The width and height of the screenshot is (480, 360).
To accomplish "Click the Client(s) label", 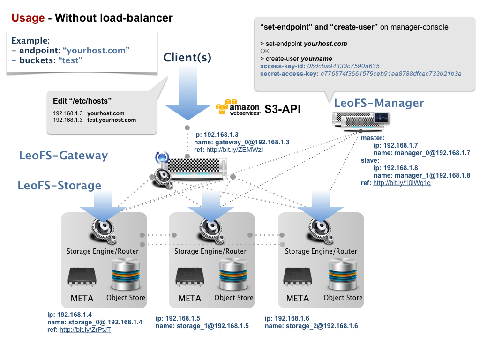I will [187, 58].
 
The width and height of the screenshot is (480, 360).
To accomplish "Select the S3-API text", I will [282, 109].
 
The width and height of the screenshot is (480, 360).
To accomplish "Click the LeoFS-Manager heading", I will [379, 103].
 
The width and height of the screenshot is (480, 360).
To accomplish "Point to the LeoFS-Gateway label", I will [63, 156].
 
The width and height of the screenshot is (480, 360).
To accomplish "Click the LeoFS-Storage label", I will [60, 185].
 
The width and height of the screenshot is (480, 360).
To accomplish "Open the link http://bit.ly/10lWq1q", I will [402, 183].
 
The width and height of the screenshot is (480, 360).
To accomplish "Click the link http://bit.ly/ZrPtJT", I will [85, 330].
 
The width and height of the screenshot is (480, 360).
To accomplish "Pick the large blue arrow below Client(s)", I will [188, 101].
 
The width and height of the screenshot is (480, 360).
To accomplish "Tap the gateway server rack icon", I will [195, 168].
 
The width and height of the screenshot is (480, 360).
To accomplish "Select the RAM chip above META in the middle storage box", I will [190, 277].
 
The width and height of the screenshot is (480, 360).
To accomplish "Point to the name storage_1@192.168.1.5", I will [202, 326].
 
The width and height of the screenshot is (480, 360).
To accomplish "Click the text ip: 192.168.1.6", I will [287, 318].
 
